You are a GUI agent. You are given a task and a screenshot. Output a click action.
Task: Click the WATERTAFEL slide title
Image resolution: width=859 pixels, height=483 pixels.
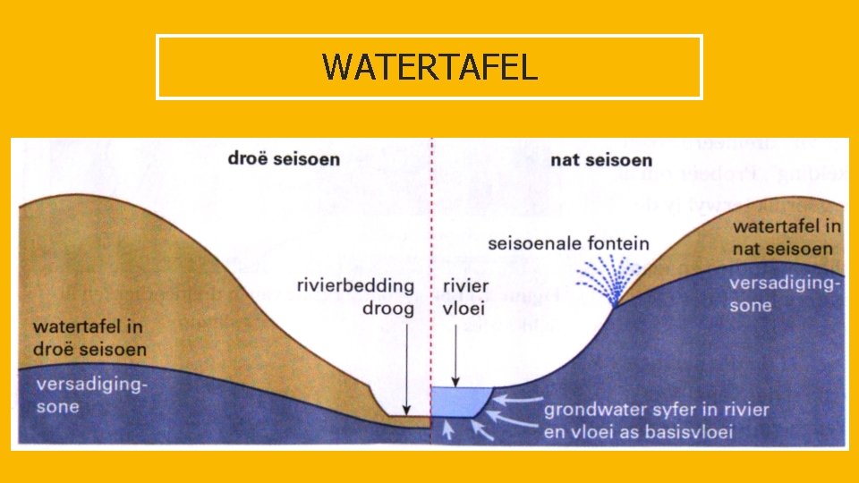(x=429, y=67)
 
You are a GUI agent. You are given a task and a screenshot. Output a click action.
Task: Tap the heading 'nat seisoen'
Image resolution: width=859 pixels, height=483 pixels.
(x=600, y=160)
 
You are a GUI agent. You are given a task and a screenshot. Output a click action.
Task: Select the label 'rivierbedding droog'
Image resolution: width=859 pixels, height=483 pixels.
(x=355, y=297)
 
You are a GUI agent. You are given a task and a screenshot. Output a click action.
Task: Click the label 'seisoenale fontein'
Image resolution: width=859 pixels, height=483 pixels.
(x=569, y=243)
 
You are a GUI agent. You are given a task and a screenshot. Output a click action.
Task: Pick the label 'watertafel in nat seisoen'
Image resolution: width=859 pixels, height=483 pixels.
(x=787, y=236)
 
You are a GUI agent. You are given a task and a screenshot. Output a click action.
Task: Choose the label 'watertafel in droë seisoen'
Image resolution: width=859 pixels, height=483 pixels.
(x=89, y=338)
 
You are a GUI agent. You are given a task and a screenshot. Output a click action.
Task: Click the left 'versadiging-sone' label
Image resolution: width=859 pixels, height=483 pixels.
(x=90, y=395)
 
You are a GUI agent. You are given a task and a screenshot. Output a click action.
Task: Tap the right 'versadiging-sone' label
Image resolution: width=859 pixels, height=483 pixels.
(x=784, y=294)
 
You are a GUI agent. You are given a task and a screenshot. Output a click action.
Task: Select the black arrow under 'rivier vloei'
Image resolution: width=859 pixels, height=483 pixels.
(x=455, y=353)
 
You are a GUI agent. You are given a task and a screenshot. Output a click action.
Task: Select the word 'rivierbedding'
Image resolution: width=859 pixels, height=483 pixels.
(x=355, y=286)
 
